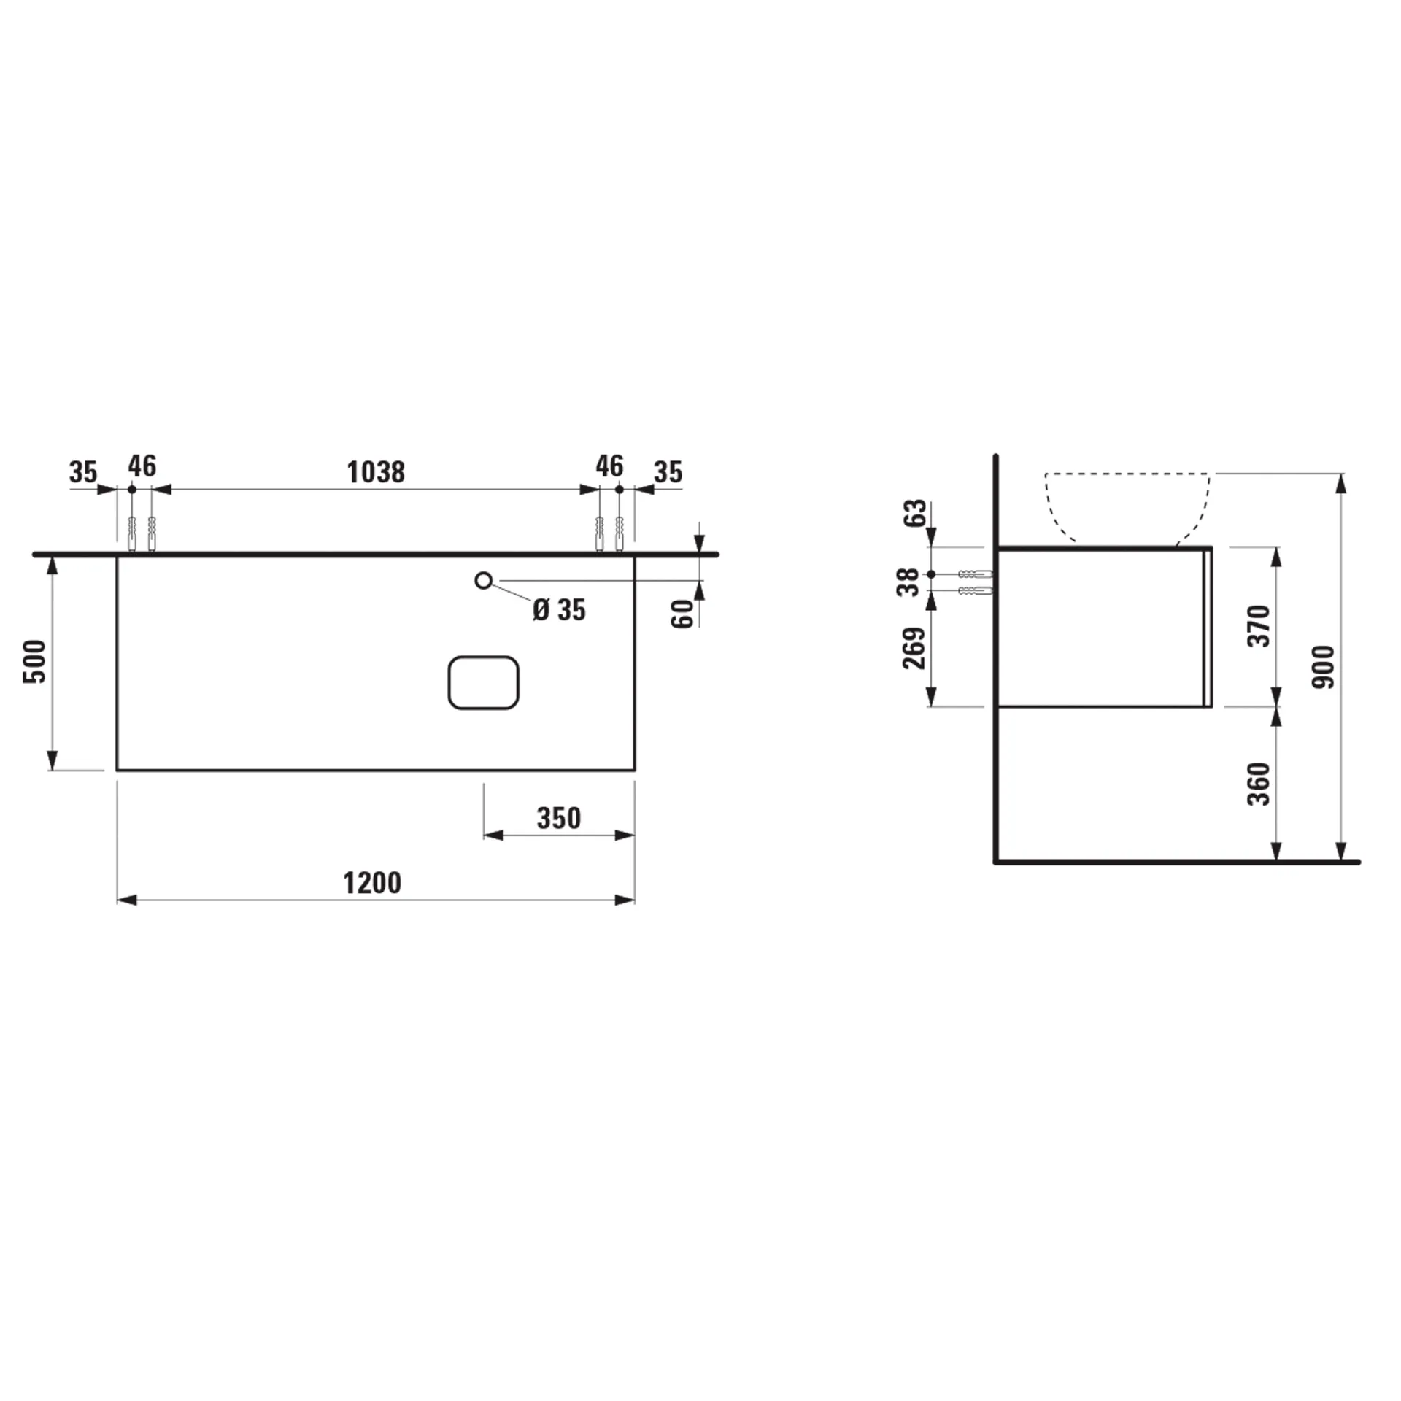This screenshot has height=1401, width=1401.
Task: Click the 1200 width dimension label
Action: click(x=372, y=883)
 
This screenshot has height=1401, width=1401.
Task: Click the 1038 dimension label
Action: click(x=376, y=472)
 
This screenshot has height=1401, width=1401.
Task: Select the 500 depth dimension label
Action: click(x=35, y=661)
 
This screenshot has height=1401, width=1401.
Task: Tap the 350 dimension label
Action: click(x=559, y=818)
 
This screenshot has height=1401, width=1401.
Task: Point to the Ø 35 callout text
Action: click(x=559, y=609)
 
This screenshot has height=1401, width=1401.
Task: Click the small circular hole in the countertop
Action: click(x=482, y=581)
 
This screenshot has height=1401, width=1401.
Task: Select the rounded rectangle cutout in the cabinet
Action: click(x=483, y=682)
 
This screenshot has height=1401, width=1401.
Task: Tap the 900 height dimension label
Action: click(x=1323, y=666)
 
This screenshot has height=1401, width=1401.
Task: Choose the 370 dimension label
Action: click(x=1259, y=625)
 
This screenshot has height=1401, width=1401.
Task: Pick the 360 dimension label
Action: click(x=1259, y=784)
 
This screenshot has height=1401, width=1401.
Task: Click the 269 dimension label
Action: click(x=914, y=647)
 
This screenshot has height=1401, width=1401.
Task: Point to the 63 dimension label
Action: click(x=915, y=513)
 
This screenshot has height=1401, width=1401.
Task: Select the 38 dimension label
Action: click(x=909, y=582)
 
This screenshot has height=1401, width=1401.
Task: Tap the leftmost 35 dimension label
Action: click(x=83, y=472)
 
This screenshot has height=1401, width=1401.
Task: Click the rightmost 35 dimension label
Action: click(x=668, y=472)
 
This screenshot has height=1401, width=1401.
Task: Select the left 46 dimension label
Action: click(x=142, y=466)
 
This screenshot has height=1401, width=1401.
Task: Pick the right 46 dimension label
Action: click(x=609, y=466)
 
